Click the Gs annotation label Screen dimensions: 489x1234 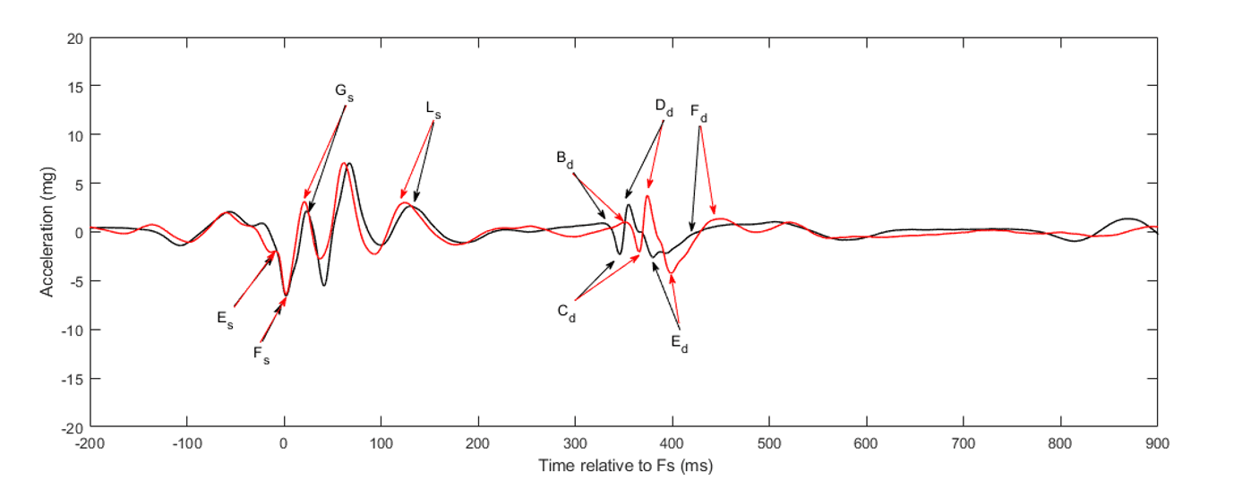point(344,92)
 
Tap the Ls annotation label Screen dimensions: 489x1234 point(433,110)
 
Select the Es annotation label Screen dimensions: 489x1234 point(225,319)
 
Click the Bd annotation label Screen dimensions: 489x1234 point(565,159)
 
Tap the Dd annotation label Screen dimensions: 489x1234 point(664,107)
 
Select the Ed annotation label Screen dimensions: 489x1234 point(680,342)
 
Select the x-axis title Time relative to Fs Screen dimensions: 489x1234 point(625,466)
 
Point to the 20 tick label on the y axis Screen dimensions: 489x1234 point(74,39)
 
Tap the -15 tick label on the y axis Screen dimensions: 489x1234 point(72,378)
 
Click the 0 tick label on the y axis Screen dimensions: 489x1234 point(78,232)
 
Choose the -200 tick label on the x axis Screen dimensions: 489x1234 point(90,442)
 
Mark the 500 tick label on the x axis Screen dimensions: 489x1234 point(769,442)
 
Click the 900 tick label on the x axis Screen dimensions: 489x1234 point(1157,442)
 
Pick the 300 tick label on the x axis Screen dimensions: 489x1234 point(575,442)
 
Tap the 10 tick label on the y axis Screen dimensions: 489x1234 point(74,135)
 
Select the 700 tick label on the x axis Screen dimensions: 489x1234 point(963,442)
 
